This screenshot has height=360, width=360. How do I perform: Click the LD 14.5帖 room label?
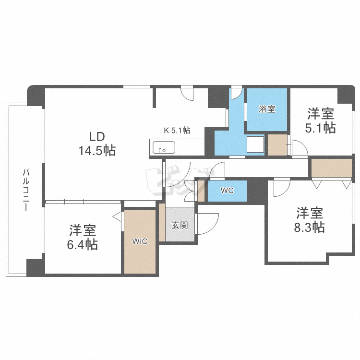click(97, 144)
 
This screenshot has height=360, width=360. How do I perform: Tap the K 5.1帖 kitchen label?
click(177, 131)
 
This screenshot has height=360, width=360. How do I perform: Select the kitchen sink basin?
click(164, 147)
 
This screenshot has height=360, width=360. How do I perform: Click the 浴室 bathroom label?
click(267, 109)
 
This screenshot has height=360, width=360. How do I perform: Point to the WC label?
click(227, 191)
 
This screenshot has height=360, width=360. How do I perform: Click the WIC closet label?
click(140, 241)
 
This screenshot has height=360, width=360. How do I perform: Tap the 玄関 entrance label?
click(180, 225)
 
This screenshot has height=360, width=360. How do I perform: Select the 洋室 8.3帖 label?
click(310, 220)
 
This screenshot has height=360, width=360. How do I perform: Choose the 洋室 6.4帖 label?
click(83, 237)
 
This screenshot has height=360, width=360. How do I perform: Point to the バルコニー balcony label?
click(26, 190)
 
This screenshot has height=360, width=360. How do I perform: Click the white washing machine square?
click(255, 144)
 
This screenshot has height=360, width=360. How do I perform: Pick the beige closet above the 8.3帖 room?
click(332, 168)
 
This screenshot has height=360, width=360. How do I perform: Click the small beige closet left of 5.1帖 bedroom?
click(277, 145)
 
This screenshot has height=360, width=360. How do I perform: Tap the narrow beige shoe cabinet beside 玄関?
click(162, 222)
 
